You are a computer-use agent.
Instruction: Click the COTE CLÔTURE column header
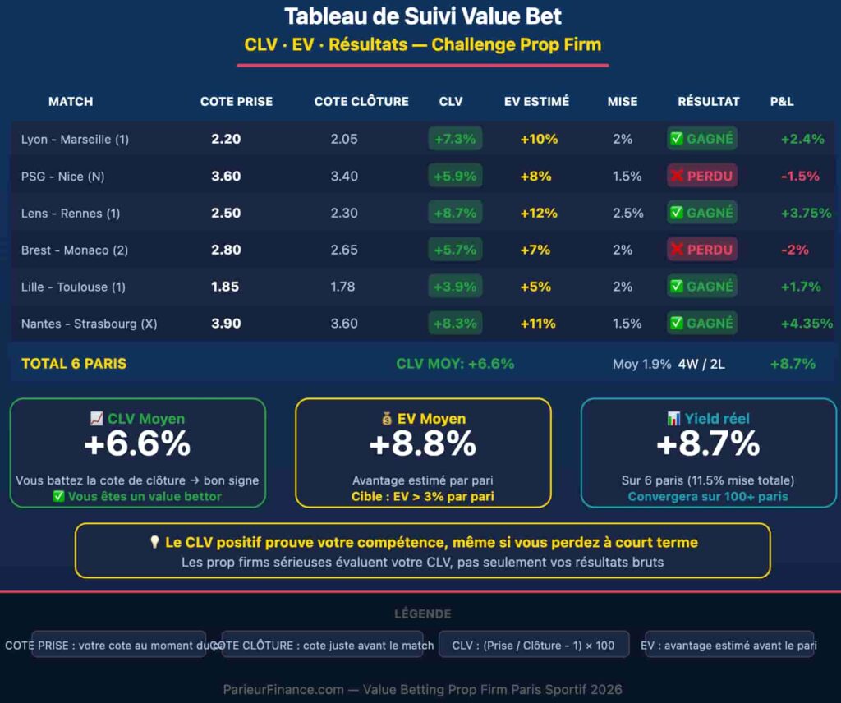361,102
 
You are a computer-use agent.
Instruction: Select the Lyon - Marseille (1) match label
75,139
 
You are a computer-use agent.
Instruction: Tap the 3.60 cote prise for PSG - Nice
226,176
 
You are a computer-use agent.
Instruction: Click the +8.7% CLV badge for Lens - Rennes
455,213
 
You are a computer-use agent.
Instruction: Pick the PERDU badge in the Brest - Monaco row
702,250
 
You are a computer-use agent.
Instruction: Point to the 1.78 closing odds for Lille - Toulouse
344,287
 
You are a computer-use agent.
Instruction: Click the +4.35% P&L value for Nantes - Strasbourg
807,324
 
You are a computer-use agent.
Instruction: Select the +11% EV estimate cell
539,324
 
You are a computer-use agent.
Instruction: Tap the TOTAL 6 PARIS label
74,363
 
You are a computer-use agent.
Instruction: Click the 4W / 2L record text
701,363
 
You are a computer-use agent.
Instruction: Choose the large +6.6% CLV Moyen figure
137,444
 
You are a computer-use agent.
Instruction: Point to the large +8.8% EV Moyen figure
423,444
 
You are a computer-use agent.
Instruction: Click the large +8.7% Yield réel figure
708,444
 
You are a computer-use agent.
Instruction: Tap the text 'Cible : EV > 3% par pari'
423,496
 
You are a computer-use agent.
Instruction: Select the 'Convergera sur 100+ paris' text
708,496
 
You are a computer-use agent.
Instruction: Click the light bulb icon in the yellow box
154,543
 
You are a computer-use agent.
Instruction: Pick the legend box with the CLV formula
534,646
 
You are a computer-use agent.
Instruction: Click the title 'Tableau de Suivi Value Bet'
423,16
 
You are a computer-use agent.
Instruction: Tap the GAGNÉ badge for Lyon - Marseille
702,139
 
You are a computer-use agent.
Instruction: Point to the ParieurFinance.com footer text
423,689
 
